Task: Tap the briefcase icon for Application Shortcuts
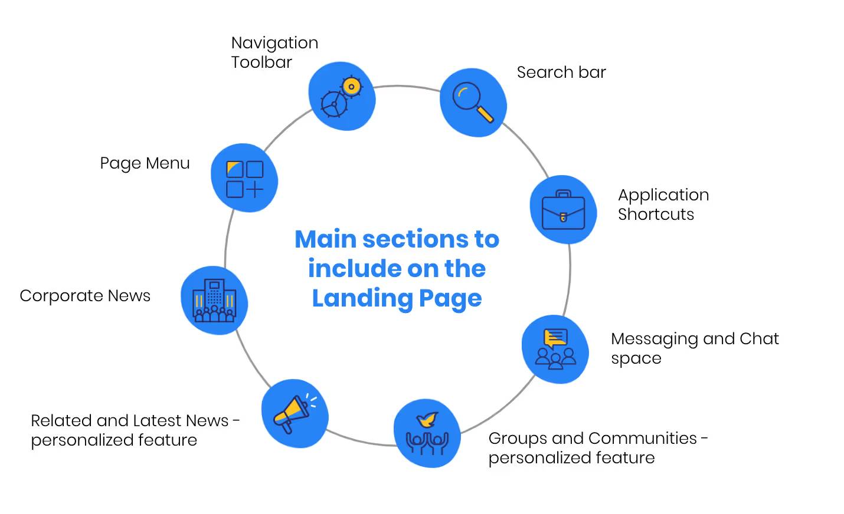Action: [563, 210]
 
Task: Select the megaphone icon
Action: [292, 413]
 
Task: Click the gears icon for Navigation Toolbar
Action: [341, 97]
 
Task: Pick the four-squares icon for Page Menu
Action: [244, 179]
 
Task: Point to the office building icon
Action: [214, 301]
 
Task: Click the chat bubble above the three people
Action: [555, 338]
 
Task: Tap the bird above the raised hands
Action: [428, 420]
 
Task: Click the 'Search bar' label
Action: [561, 73]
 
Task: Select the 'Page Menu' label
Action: [145, 163]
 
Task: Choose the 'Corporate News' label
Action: [85, 296]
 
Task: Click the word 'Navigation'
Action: [274, 43]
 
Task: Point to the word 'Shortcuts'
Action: [656, 215]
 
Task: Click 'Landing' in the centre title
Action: [362, 298]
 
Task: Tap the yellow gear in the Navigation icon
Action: [352, 87]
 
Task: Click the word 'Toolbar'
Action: [261, 62]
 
